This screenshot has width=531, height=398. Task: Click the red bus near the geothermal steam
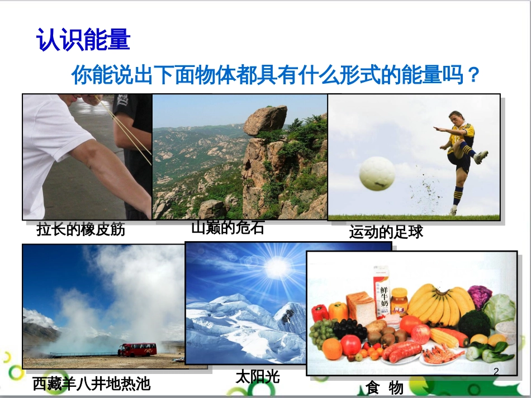click(x=137, y=349)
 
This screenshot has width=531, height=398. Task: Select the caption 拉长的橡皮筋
click(x=80, y=229)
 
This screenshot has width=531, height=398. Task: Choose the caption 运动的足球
click(x=386, y=232)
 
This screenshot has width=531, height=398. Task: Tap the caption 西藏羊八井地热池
click(x=91, y=383)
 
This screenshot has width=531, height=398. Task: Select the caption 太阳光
click(x=257, y=377)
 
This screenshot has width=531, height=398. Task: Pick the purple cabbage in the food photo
click(x=480, y=296)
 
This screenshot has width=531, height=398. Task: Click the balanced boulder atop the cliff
click(x=265, y=119)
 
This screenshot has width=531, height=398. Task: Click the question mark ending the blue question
click(x=473, y=75)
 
